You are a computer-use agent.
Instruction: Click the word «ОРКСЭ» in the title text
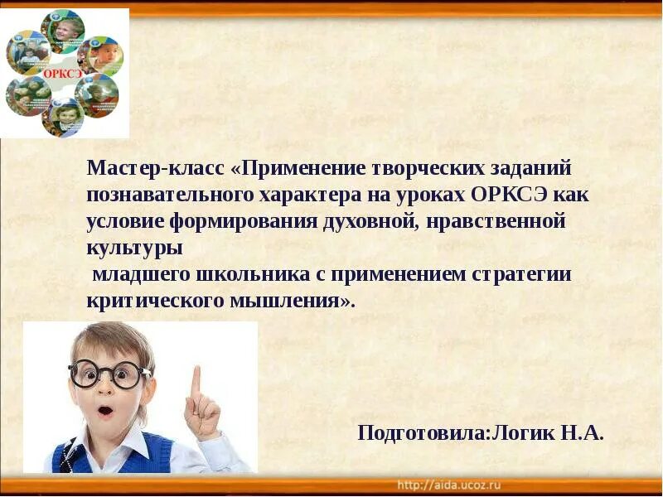pos(506,195)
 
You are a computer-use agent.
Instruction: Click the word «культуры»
pos(133,248)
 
